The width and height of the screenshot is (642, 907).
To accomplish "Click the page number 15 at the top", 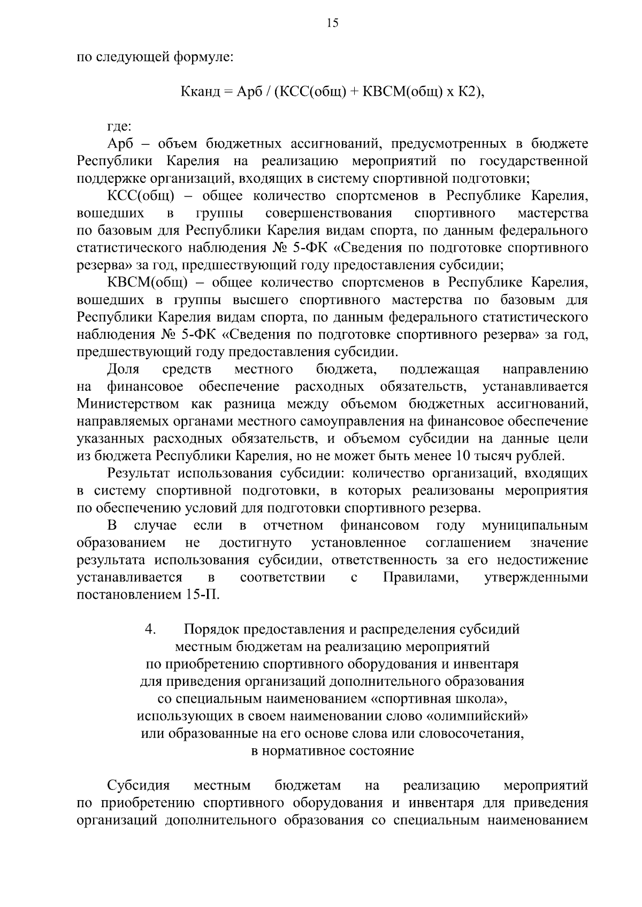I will click(332, 22).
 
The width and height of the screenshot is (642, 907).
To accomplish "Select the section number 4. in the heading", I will click(150, 629).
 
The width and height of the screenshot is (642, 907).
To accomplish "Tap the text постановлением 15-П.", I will click(148, 594).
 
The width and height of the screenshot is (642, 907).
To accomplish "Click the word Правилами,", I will click(421, 577).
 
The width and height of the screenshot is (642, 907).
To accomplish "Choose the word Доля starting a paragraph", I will click(124, 369).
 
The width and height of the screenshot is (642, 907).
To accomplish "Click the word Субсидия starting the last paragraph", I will click(139, 785).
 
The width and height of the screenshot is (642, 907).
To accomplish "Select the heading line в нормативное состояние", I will click(332, 750).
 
